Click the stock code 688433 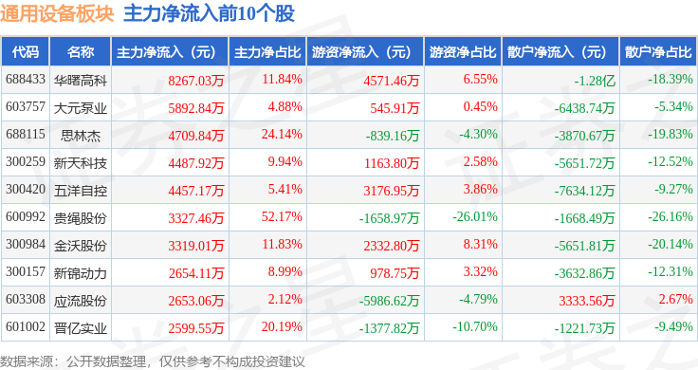click(x=26, y=80)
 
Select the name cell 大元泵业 click(x=81, y=108)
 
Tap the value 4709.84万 click(x=196, y=136)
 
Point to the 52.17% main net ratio click(x=282, y=217)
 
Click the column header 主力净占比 click(x=267, y=52)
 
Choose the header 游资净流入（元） click(x=361, y=52)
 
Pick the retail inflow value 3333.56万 click(x=587, y=301)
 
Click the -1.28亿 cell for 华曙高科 click(x=595, y=81)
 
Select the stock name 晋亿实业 click(x=81, y=328)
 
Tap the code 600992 click(x=26, y=217)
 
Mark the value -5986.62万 click(x=390, y=301)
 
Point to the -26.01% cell click(x=475, y=217)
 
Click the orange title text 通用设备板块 click(x=57, y=13)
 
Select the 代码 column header click(x=26, y=52)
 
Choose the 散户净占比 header click(x=658, y=52)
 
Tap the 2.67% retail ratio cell click(x=676, y=299)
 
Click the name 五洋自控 click(x=81, y=191)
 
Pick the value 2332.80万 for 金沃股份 click(x=392, y=246)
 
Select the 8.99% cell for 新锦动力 click(x=285, y=271)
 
